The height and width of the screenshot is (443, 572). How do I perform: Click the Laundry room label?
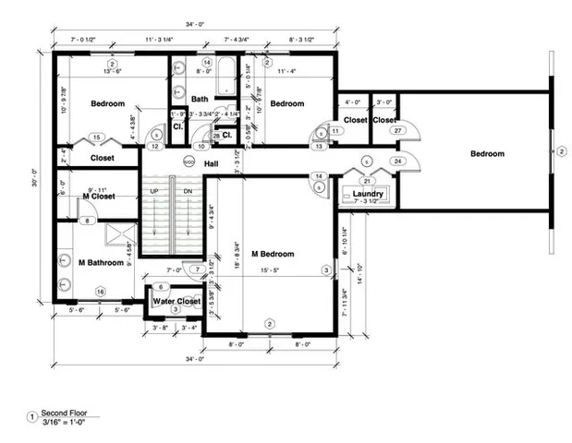[367, 194]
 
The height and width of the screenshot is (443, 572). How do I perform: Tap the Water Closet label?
[176, 300]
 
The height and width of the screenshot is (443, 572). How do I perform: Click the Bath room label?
[200, 99]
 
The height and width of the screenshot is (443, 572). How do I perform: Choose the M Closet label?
[98, 196]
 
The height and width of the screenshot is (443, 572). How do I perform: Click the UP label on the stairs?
[155, 191]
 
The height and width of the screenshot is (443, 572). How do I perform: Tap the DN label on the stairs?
[188, 191]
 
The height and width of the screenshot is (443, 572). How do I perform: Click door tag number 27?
[397, 132]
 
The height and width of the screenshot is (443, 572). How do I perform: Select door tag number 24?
[398, 161]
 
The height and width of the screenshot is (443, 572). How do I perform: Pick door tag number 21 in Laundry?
[367, 181]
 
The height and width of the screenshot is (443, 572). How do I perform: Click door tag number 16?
[100, 292]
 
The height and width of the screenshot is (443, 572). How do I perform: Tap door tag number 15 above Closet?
[97, 138]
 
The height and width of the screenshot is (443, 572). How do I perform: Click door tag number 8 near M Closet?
[86, 221]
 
